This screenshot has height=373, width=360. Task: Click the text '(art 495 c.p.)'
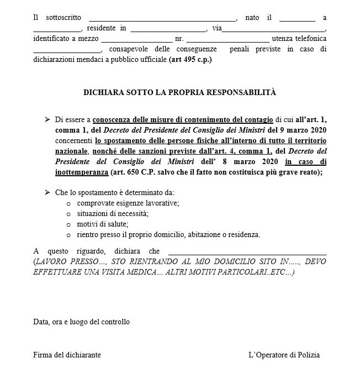(190, 61)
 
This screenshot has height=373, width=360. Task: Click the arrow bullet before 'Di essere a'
(47, 120)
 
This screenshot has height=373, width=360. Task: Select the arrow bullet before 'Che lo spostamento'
(47, 192)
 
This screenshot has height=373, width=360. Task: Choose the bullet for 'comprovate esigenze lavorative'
(68, 204)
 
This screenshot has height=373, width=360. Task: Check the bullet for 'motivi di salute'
(68, 224)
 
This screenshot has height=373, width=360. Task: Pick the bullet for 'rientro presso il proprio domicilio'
(68, 235)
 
